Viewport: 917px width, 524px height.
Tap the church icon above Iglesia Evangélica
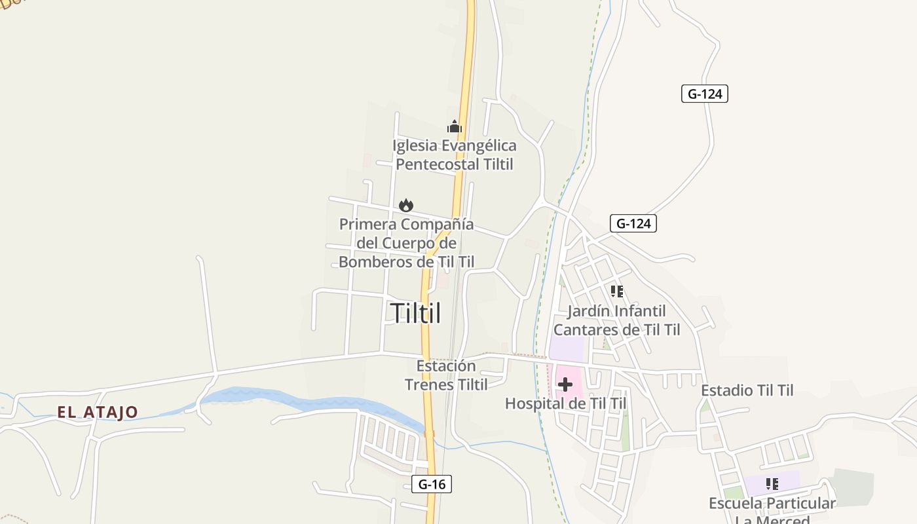click(455, 126)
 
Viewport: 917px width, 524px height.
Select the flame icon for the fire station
click(406, 206)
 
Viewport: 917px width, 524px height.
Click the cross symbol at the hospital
click(565, 384)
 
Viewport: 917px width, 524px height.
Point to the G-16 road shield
click(432, 484)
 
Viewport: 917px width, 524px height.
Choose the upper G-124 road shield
click(704, 94)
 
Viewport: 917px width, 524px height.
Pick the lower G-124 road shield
click(633, 223)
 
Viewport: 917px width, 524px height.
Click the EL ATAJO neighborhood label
click(98, 412)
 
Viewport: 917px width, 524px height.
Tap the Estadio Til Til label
click(747, 390)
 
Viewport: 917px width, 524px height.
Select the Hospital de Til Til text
click(565, 403)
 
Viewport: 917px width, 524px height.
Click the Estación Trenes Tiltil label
click(446, 375)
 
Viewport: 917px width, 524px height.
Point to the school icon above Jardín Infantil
click(616, 291)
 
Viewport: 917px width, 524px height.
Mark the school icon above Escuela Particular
click(772, 484)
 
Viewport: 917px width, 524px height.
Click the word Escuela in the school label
click(736, 503)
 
